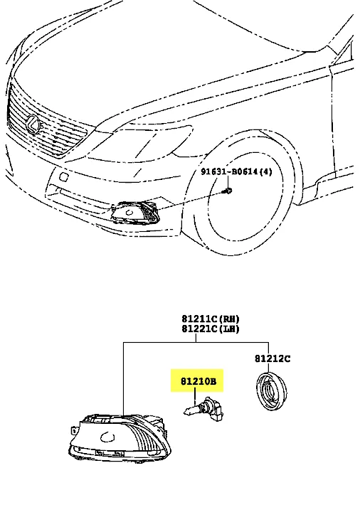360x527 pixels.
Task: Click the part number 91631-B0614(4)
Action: click(236, 171)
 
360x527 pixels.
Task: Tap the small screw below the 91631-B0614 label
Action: click(228, 191)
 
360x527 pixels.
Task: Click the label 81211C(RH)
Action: click(211, 319)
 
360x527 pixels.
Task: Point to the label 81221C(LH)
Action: click(211, 329)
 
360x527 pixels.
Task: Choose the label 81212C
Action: click(272, 358)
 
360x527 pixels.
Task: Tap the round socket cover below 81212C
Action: click(272, 391)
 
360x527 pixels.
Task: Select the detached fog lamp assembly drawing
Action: click(120, 439)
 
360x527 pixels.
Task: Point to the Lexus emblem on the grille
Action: click(33, 124)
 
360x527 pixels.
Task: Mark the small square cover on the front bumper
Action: click(63, 176)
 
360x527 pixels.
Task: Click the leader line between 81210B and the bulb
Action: click(195, 396)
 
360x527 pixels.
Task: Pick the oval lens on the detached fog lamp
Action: click(107, 437)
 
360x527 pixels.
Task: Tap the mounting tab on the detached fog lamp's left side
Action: click(74, 430)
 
